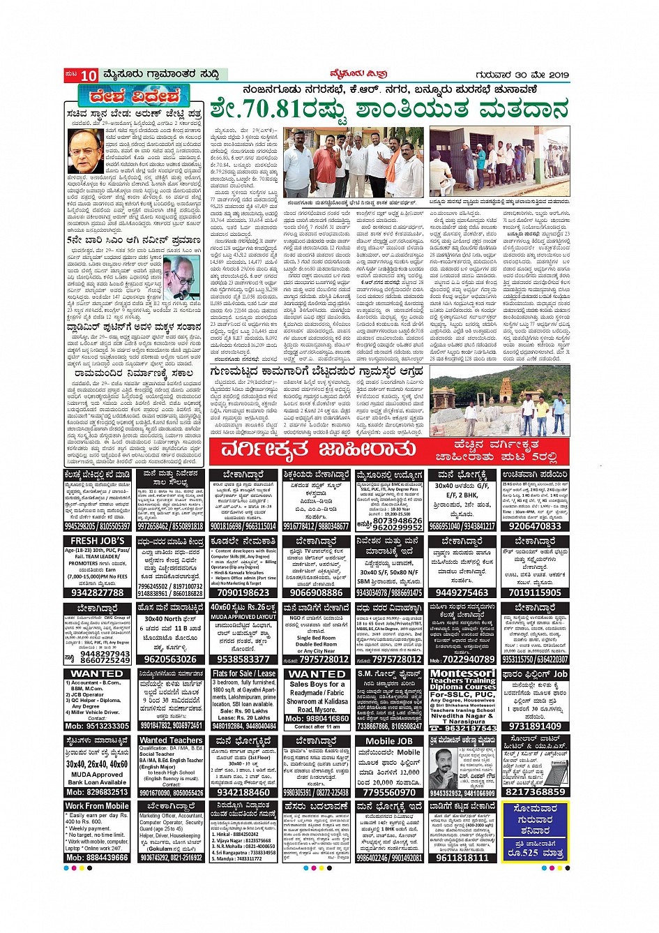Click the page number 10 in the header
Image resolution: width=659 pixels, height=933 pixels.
[x=88, y=75]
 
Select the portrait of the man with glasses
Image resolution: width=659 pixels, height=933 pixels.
[x=85, y=151]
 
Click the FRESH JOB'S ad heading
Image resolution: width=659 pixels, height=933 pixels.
[x=98, y=541]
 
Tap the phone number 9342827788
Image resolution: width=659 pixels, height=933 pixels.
[x=98, y=592]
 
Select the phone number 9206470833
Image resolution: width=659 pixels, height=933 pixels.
[x=535, y=527]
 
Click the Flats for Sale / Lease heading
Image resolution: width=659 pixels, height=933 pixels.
[x=243, y=674]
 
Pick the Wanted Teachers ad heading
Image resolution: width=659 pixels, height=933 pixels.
[x=171, y=740]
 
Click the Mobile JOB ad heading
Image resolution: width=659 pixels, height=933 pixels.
[x=389, y=741]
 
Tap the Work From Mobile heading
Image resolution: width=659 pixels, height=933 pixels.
[x=98, y=806]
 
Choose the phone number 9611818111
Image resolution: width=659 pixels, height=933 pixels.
[x=462, y=858]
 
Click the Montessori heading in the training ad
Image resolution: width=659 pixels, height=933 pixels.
[x=462, y=674]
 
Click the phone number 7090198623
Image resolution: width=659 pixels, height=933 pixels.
[x=243, y=592]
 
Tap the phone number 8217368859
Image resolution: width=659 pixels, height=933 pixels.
[x=535, y=792]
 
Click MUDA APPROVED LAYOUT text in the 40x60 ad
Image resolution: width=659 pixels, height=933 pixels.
[x=243, y=617]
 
